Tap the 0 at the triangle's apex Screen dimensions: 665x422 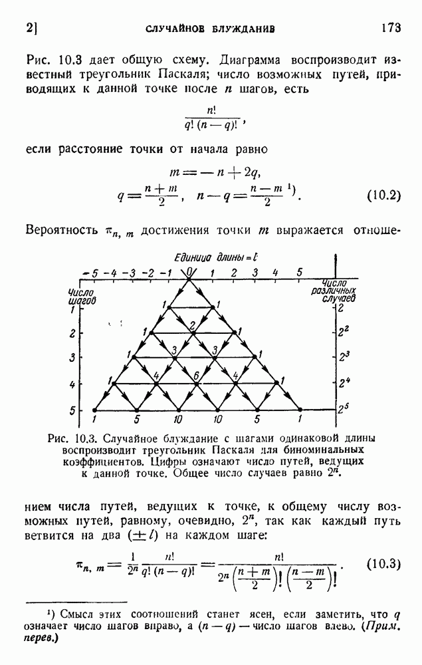(x=190, y=272)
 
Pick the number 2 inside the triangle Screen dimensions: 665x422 (x=192, y=325)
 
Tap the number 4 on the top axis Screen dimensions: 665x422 (x=275, y=273)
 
